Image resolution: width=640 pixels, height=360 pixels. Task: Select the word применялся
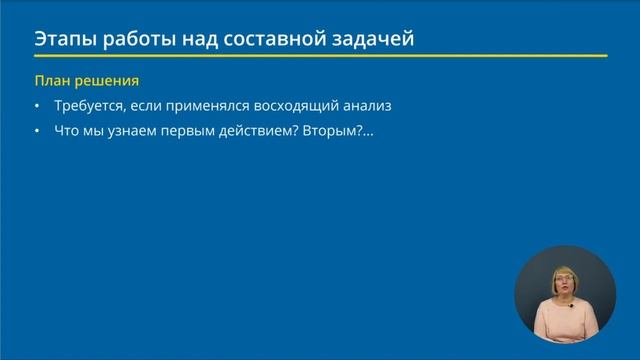click(x=203, y=105)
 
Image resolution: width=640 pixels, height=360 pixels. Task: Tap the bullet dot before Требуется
click(x=37, y=106)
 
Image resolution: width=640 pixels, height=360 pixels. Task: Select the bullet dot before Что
click(x=37, y=130)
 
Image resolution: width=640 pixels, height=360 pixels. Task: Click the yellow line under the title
click(x=320, y=56)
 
